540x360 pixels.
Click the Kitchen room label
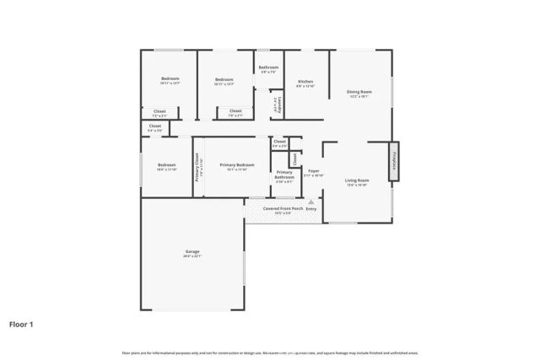(x=305, y=82)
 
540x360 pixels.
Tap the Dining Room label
(x=359, y=92)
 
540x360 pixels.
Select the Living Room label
(x=358, y=180)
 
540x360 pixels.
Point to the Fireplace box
(x=393, y=161)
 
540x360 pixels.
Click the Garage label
(x=193, y=252)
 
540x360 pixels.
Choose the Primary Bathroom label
(x=284, y=175)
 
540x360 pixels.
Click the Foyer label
(x=313, y=171)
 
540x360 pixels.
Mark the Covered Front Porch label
(x=283, y=208)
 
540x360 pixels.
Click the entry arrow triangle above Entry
(x=310, y=202)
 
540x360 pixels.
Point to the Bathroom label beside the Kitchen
(x=268, y=67)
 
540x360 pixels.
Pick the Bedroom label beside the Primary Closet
(x=165, y=165)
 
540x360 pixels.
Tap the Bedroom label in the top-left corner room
(x=170, y=79)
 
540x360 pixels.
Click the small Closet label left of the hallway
(x=155, y=126)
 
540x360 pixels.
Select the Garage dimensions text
(x=193, y=256)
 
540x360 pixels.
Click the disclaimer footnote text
(x=270, y=352)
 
